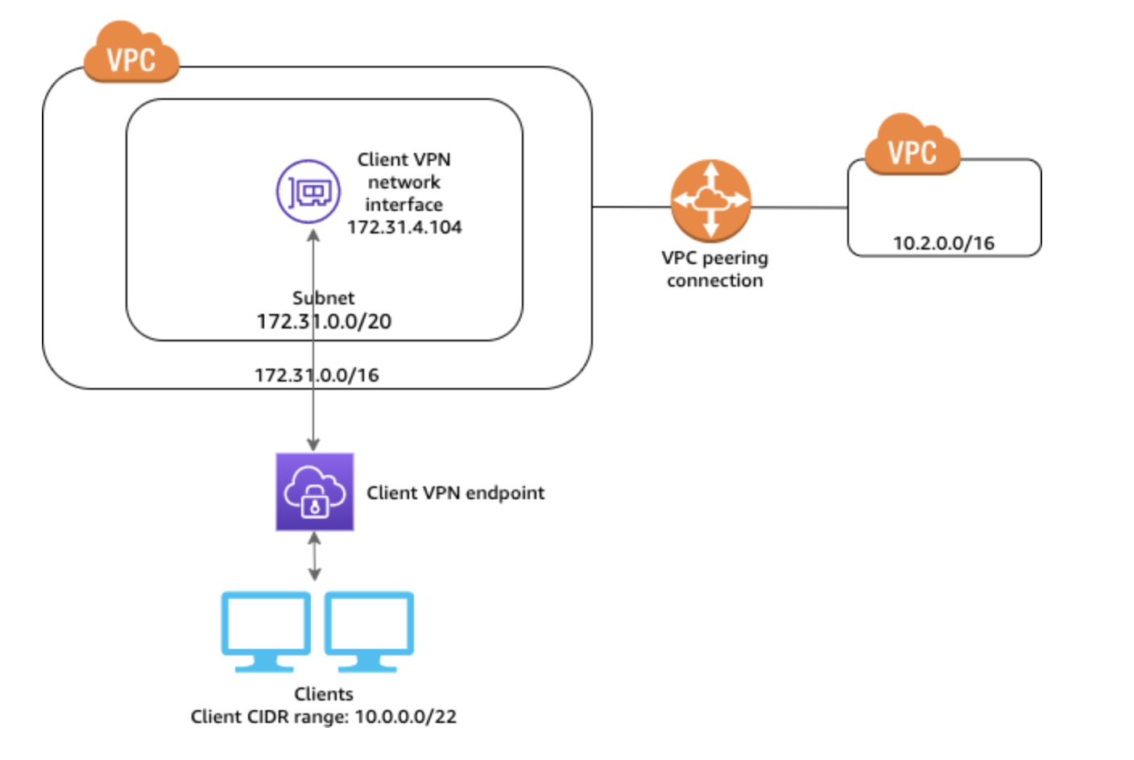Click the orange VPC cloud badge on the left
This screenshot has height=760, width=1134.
pyautogui.click(x=131, y=54)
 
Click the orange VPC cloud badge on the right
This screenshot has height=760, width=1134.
pyautogui.click(x=912, y=147)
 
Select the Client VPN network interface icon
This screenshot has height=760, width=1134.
pyautogui.click(x=308, y=192)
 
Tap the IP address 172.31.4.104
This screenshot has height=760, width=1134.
pyautogui.click(x=404, y=227)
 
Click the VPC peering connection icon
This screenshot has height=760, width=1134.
pyautogui.click(x=710, y=200)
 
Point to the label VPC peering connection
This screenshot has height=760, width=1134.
pyautogui.click(x=714, y=269)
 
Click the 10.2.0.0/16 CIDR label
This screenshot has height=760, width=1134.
pyautogui.click(x=943, y=243)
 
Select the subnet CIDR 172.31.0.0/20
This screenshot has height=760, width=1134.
pyautogui.click(x=324, y=321)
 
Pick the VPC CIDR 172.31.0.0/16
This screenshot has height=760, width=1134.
pyautogui.click(x=317, y=375)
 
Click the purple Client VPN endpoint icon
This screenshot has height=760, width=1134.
pyautogui.click(x=314, y=492)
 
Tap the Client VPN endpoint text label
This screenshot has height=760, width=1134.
pyautogui.click(x=455, y=493)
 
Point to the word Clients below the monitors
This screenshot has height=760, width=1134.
pyautogui.click(x=323, y=694)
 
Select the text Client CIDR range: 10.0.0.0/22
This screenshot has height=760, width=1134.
pyautogui.click(x=323, y=717)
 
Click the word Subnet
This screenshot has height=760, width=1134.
pyautogui.click(x=323, y=298)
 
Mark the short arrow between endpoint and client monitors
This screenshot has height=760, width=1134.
pyautogui.click(x=314, y=556)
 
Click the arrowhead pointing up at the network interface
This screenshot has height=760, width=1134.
pyautogui.click(x=313, y=235)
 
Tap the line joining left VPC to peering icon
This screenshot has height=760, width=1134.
pyautogui.click(x=631, y=207)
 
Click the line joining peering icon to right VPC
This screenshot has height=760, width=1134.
pyautogui.click(x=799, y=207)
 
